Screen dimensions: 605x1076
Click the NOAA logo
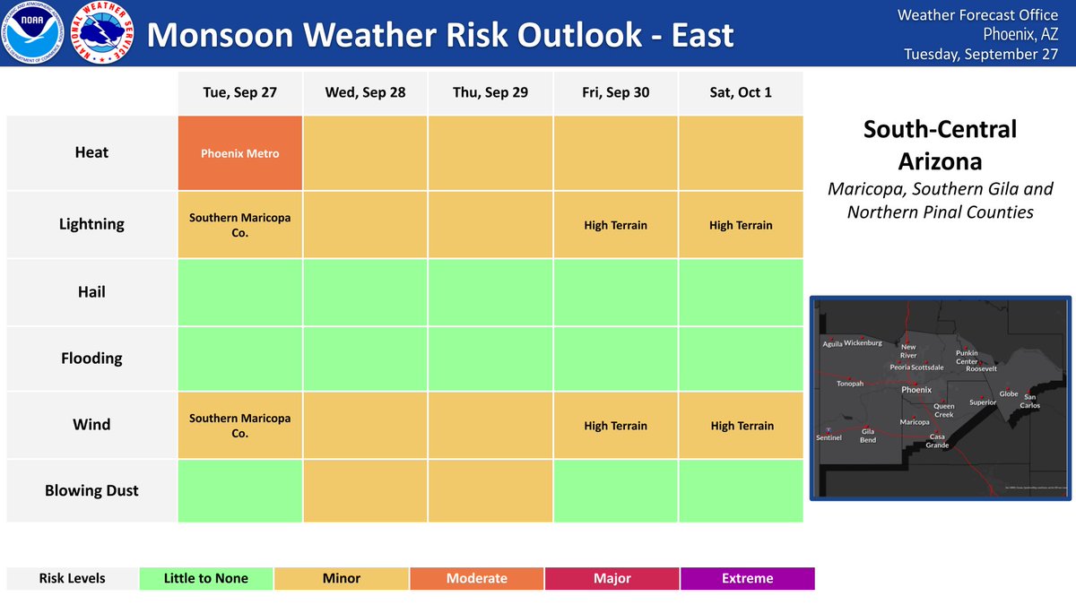click(x=35, y=35)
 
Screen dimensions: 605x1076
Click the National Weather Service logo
click(x=102, y=35)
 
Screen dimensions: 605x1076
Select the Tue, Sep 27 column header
click(x=239, y=92)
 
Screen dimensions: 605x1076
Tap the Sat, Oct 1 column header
click(x=741, y=92)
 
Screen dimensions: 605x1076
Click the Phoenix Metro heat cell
click(x=239, y=153)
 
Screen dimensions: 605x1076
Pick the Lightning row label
click(x=91, y=224)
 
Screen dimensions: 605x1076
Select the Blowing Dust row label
click(x=91, y=490)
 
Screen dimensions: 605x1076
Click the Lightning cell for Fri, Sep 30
click(x=615, y=225)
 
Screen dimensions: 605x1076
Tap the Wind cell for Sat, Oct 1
click(x=741, y=426)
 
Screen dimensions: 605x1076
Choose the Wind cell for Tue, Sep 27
click(x=239, y=426)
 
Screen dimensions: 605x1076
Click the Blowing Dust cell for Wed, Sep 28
click(x=365, y=490)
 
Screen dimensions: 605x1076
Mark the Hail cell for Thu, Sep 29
click(x=490, y=292)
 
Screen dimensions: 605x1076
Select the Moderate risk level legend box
click(x=476, y=578)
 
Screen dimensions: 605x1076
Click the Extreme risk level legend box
click(x=747, y=578)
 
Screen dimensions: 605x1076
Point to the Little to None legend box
click(x=206, y=578)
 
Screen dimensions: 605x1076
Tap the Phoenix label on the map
click(x=916, y=390)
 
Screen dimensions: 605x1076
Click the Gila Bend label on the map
click(x=868, y=436)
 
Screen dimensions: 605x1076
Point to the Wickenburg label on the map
click(x=863, y=343)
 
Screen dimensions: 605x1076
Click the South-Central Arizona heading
click(x=940, y=145)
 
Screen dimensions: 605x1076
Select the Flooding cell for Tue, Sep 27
click(x=239, y=359)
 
